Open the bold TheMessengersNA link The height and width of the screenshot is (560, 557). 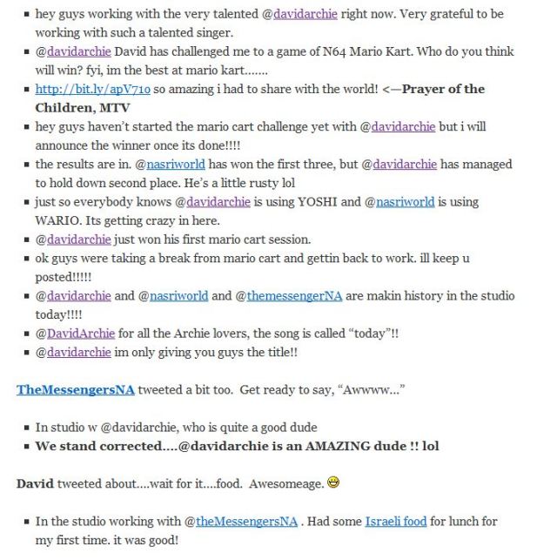76,389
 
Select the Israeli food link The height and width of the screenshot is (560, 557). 395,521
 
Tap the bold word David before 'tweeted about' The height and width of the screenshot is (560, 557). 36,483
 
